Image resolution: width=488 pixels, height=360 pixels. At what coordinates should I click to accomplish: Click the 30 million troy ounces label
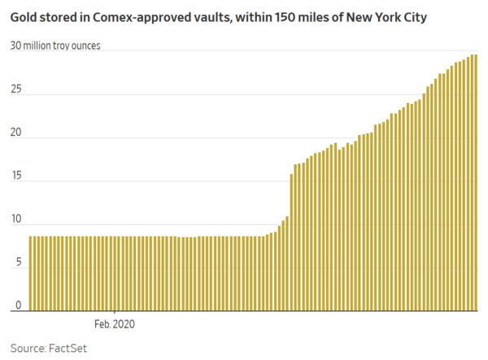pyautogui.click(x=55, y=46)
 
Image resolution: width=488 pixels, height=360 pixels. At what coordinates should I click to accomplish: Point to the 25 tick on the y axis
pyautogui.click(x=16, y=93)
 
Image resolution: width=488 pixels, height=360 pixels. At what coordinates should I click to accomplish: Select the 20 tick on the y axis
pyautogui.click(x=16, y=137)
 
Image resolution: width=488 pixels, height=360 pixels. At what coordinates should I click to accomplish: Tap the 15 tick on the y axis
pyautogui.click(x=16, y=180)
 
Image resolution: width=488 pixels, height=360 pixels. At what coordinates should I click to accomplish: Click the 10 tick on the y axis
pyautogui.click(x=16, y=223)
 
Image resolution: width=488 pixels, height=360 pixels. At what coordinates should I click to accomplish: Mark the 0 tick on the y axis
pyautogui.click(x=19, y=306)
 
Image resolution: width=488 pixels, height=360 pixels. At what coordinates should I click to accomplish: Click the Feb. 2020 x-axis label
pyautogui.click(x=115, y=323)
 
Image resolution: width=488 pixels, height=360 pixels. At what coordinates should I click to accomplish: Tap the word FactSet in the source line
pyautogui.click(x=67, y=348)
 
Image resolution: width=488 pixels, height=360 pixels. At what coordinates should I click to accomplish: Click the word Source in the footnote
pyautogui.click(x=28, y=348)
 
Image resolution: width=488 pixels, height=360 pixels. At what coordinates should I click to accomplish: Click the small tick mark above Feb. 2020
pyautogui.click(x=115, y=314)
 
